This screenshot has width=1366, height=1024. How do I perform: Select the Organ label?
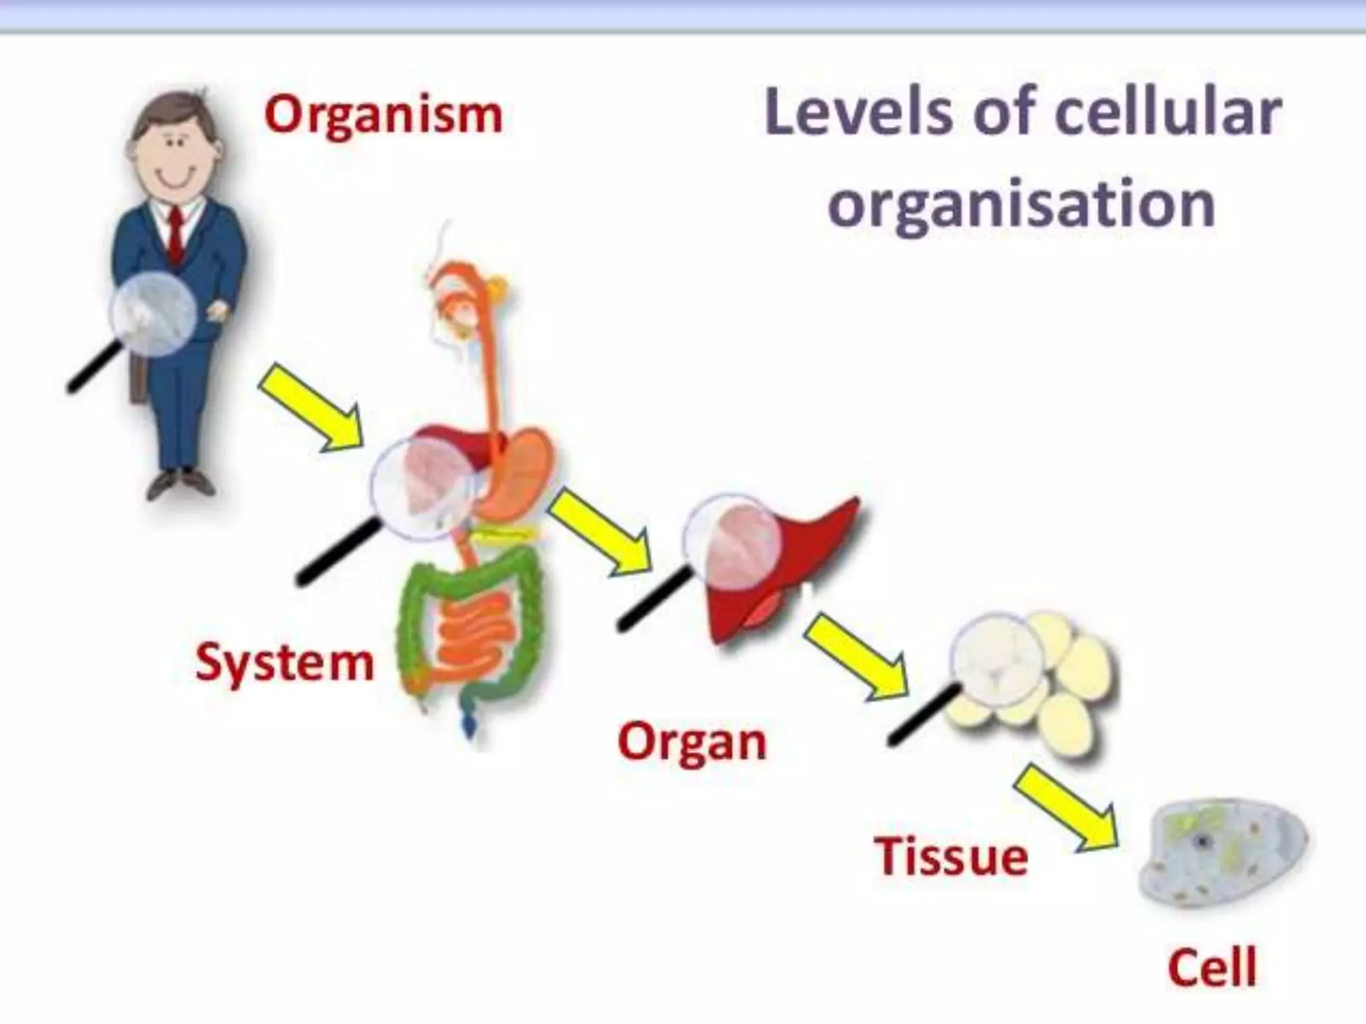tap(692, 743)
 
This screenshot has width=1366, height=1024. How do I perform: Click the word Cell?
tap(1212, 967)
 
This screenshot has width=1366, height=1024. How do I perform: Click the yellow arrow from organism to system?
tap(311, 409)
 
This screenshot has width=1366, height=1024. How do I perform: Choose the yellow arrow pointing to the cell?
tap(1066, 810)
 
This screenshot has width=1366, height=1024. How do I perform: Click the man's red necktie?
tap(175, 233)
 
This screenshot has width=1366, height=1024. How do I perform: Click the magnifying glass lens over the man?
tap(154, 313)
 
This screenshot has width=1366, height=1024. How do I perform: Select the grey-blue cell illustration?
tap(1221, 855)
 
